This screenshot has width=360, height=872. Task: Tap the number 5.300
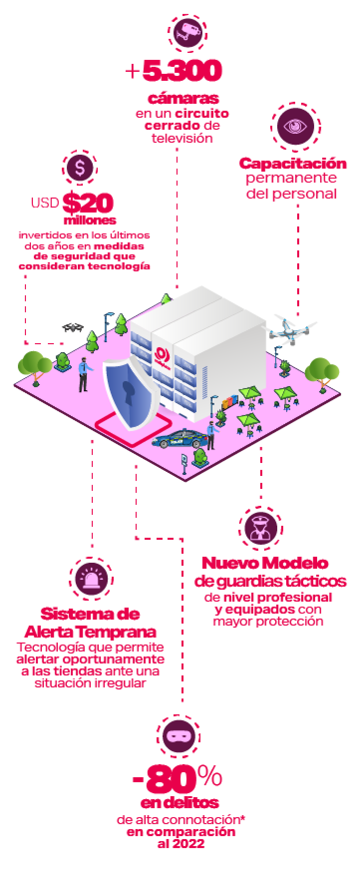pos(181,71)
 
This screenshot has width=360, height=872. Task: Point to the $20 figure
pos(88,203)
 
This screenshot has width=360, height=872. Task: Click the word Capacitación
pos(293,163)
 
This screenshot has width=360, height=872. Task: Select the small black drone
pos(74,327)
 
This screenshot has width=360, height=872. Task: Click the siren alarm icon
pos(91,578)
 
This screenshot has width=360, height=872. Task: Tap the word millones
pos(90,220)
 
